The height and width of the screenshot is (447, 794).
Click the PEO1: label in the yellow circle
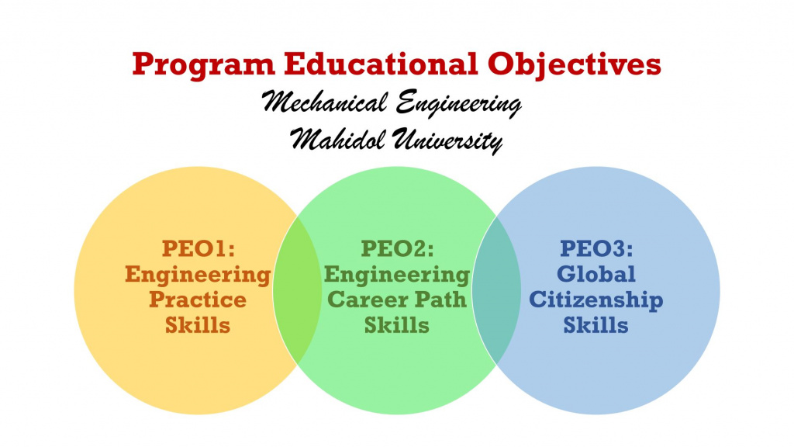[x=198, y=249]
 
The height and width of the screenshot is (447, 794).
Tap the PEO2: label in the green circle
[x=397, y=249]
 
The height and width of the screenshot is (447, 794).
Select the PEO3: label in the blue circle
[x=596, y=249]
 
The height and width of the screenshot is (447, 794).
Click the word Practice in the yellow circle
[x=198, y=299]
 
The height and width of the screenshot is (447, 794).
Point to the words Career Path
[x=397, y=299]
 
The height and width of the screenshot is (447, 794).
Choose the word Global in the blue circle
[x=596, y=274]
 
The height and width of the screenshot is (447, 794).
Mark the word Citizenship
[x=596, y=299]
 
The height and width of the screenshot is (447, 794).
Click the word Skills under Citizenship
[x=596, y=324]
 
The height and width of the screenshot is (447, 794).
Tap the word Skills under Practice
[x=198, y=324]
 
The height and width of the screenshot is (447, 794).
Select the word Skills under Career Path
[x=397, y=324]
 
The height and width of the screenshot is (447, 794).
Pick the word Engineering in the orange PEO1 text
[x=198, y=274]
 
